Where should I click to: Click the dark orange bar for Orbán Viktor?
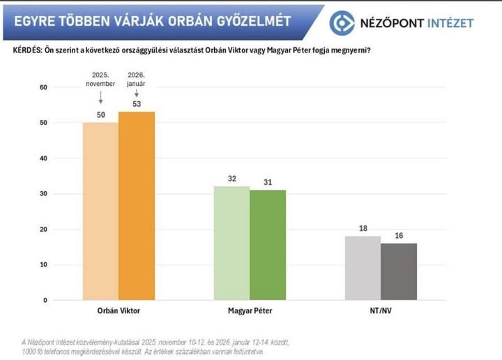click(x=137, y=206)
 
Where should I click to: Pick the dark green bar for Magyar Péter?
click(x=268, y=245)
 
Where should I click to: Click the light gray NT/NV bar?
click(x=363, y=268)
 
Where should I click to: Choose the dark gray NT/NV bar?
click(x=399, y=271)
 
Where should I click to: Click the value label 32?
click(x=232, y=179)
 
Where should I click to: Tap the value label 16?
click(x=399, y=236)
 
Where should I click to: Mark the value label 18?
click(x=363, y=229)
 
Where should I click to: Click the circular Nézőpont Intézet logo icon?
click(x=342, y=22)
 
